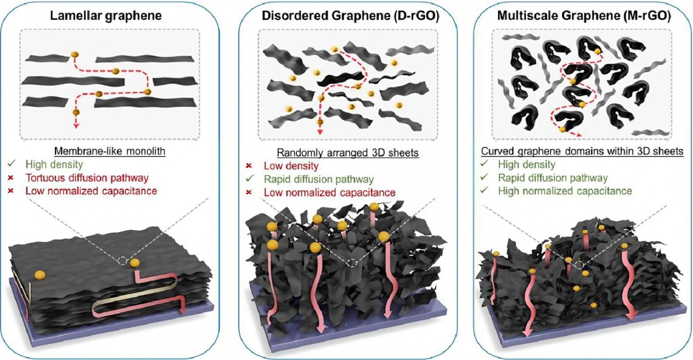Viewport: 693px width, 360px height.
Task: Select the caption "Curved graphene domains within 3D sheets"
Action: click(x=582, y=152)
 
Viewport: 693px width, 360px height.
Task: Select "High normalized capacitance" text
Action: click(x=565, y=191)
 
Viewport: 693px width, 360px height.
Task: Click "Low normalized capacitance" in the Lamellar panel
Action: click(x=91, y=191)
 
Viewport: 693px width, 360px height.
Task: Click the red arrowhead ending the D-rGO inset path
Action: click(x=320, y=131)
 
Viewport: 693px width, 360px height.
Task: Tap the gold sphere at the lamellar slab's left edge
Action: click(x=39, y=276)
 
